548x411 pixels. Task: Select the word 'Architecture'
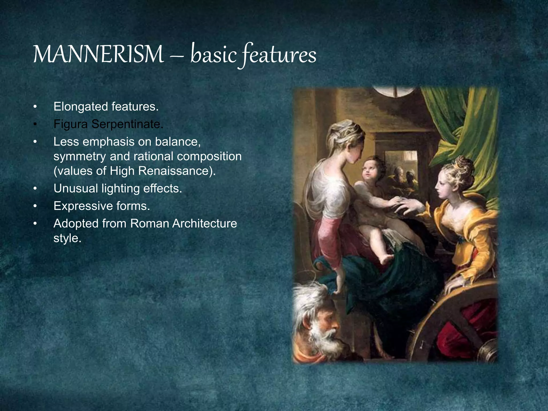pos(204,223)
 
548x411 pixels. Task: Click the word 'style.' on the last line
pos(67,238)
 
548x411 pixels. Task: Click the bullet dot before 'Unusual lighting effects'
pos(35,189)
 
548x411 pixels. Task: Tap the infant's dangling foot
pos(387,259)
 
